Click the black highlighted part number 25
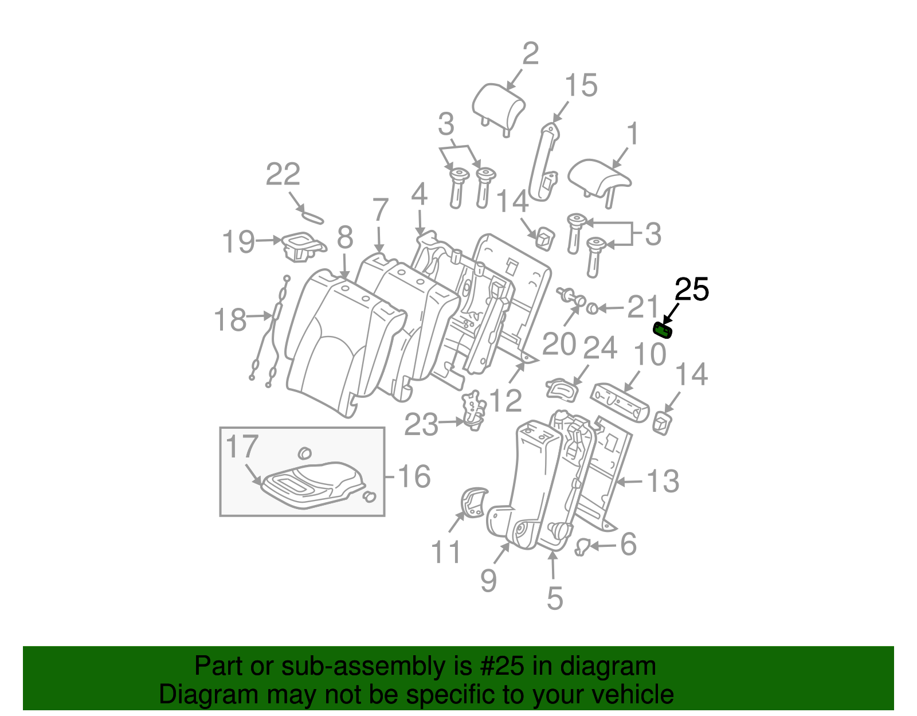pos(663,330)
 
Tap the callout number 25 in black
pos(692,289)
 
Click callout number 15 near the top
pos(581,85)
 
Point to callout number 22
pos(283,174)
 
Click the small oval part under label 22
pos(313,217)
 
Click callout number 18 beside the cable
pos(230,320)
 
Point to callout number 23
pos(421,425)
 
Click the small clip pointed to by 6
pos(582,547)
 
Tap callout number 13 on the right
pos(663,482)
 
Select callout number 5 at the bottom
pos(555,598)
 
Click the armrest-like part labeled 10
pos(620,402)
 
